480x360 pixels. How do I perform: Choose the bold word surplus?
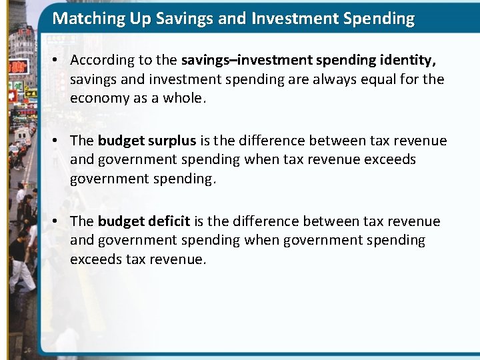tap(171, 141)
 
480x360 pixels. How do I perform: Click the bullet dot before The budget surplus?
tap(57, 141)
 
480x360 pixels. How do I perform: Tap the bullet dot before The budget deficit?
tap(57, 221)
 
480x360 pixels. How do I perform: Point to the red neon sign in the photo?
tap(17, 66)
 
